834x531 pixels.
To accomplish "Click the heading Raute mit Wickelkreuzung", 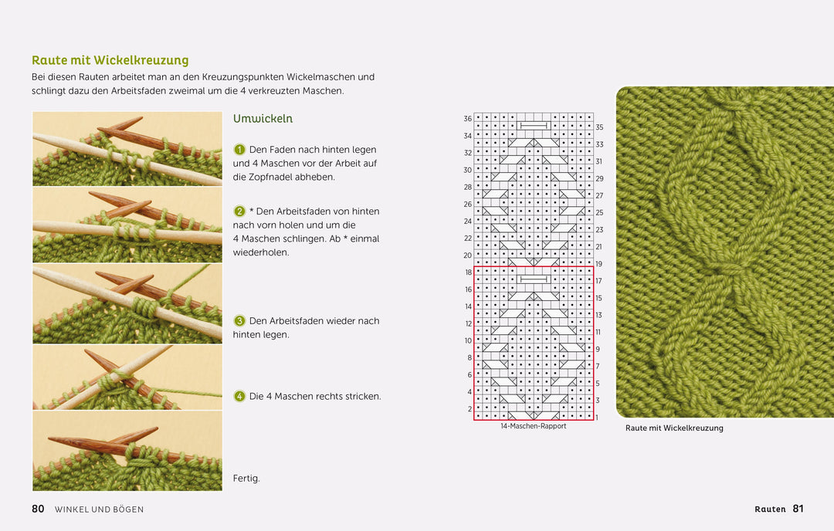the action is pos(110,61).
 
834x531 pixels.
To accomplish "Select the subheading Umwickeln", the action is pos(263,119).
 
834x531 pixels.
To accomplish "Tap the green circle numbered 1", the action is pos(239,150).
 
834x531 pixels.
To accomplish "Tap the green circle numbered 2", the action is pos(239,211).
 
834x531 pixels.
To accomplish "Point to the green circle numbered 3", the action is pos(239,320).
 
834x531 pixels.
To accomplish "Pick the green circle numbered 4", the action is pos(239,396).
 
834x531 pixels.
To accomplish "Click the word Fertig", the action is pos(246,479).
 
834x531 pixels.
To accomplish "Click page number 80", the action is pos(38,509).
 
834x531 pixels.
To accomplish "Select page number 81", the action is pos(798,509).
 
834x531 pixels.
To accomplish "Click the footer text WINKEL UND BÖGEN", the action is pos(99,509).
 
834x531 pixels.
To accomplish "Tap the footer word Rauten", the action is pos(770,509).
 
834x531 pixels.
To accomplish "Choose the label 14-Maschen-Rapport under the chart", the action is pos(534,426).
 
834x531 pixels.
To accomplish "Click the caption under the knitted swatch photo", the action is pos(674,428).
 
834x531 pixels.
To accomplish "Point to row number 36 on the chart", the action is pos(467,119).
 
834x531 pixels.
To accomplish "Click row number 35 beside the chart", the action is pos(599,127).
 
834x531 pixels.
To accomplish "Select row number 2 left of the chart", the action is pos(470,409).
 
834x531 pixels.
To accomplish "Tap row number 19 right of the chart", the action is pos(599,264).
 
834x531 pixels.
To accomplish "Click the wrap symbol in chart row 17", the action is pos(534,279).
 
